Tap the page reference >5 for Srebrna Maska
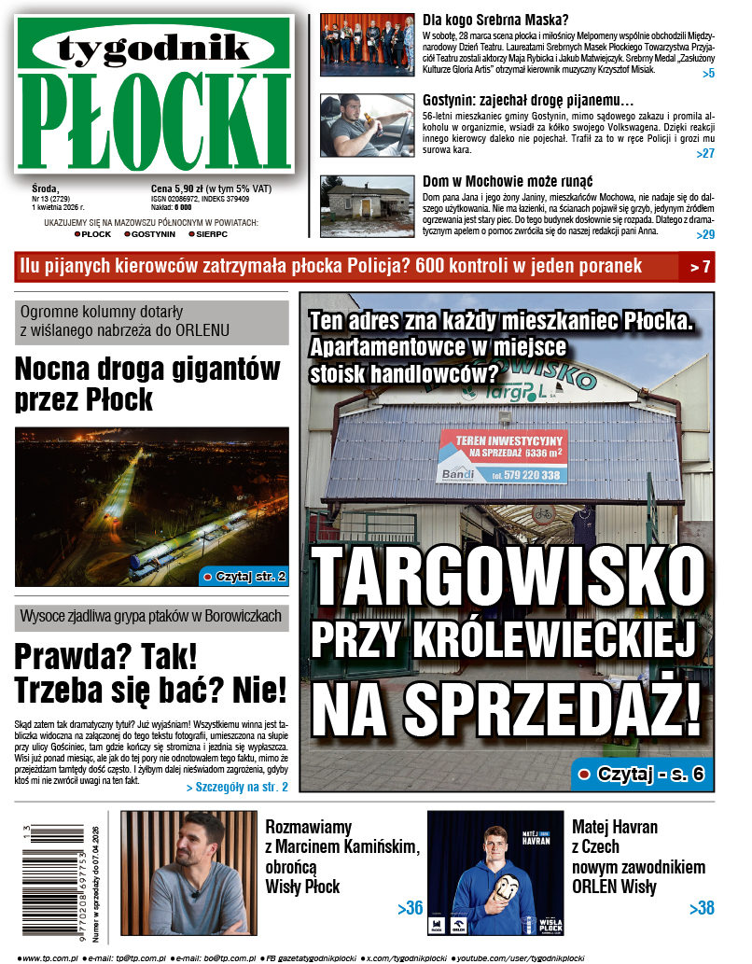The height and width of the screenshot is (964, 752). (x=708, y=73)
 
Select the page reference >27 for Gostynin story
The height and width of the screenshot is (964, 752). (x=705, y=153)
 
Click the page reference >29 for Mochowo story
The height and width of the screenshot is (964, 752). (x=705, y=234)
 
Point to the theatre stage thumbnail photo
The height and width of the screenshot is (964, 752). (x=366, y=44)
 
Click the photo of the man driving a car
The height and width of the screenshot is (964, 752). (x=366, y=124)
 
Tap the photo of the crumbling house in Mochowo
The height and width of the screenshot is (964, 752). (x=366, y=205)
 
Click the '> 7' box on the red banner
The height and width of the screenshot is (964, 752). (x=700, y=267)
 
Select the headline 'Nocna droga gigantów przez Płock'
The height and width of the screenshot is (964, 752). (x=147, y=384)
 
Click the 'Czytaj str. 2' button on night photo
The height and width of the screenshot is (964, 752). (x=244, y=576)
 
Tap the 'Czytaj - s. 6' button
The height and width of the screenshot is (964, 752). (x=641, y=773)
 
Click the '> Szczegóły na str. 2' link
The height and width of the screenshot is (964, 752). (x=237, y=788)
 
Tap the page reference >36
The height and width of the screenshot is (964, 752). (x=410, y=908)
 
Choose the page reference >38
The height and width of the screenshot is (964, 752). (x=702, y=908)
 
